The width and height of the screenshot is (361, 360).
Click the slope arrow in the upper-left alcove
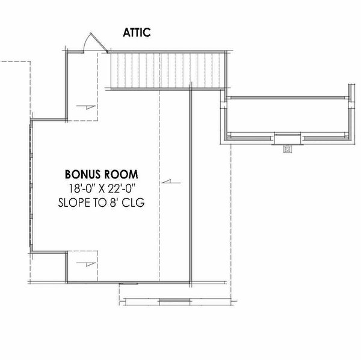tap(88, 107)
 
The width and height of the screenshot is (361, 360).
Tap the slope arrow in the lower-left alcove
tap(88, 263)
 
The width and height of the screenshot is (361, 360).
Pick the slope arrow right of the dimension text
tap(168, 180)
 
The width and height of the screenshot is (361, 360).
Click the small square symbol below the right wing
tap(288, 148)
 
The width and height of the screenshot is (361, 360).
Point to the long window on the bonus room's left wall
tap(31, 186)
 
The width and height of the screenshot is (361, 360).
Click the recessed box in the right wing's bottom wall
tap(288, 137)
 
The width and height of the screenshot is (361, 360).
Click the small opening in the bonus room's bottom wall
tap(127, 282)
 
